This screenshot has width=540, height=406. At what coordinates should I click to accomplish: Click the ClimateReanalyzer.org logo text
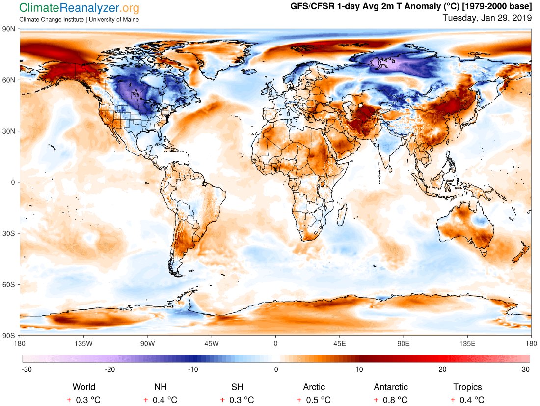79,8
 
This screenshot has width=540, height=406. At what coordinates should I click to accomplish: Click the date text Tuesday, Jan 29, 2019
487,18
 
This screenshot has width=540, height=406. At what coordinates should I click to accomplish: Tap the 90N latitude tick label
9,29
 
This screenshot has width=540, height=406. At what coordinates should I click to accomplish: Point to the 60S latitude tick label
9,284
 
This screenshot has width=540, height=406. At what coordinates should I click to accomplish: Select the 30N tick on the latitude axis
9,131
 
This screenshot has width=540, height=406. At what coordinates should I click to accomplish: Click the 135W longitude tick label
83,343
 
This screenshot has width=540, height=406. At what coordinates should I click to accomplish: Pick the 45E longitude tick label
339,343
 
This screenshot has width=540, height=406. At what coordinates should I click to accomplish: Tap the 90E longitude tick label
404,343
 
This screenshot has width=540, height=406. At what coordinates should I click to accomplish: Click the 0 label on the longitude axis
275,343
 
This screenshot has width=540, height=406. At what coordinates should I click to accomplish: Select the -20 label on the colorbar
109,369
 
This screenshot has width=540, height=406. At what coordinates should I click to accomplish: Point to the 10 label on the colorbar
359,369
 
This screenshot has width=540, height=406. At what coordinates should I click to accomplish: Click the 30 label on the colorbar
526,369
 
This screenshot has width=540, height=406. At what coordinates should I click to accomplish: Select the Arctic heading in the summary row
314,387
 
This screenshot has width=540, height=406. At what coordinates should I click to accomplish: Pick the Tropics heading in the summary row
467,387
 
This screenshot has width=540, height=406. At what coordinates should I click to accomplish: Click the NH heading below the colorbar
161,387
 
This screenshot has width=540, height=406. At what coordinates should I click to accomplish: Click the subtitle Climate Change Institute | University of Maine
79,19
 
